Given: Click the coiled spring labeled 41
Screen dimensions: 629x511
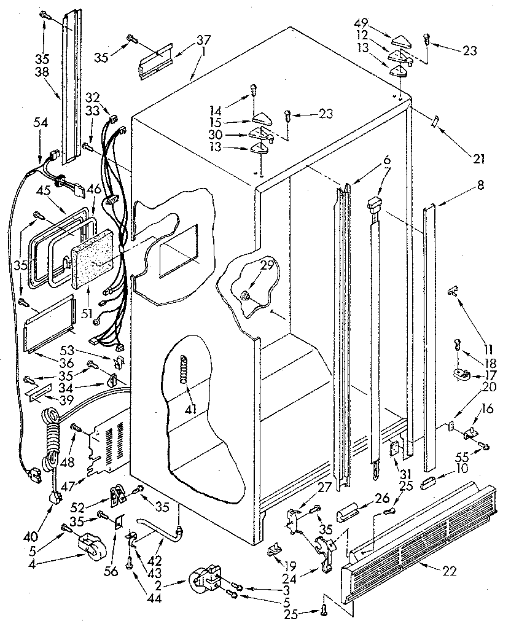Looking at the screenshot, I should [x=183, y=370].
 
